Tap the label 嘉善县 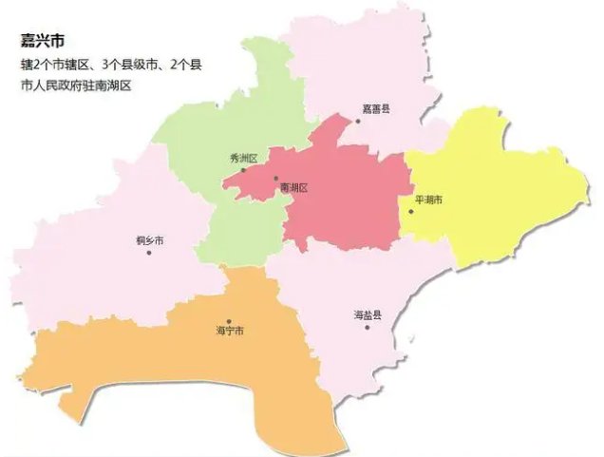click(376, 109)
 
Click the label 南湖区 click(294, 189)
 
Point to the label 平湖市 click(429, 200)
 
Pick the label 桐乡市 click(150, 240)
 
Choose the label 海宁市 click(231, 332)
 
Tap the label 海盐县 click(367, 314)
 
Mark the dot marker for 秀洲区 click(242, 170)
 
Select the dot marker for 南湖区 click(276, 179)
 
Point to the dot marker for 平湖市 click(410, 211)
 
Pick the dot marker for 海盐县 click(367, 327)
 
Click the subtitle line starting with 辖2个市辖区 click(110, 66)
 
